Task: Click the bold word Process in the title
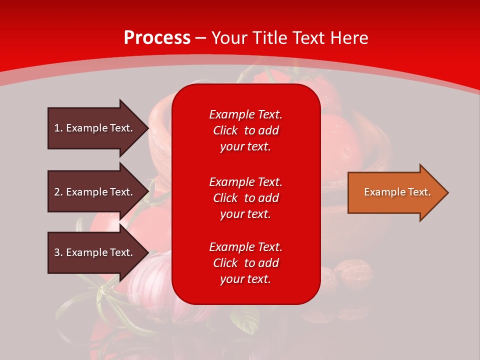tap(157, 38)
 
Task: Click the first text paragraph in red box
tap(245, 130)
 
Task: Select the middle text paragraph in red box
tap(245, 198)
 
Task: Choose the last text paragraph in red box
tap(245, 263)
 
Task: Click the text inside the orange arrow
tap(397, 192)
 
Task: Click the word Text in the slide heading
tap(308, 38)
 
